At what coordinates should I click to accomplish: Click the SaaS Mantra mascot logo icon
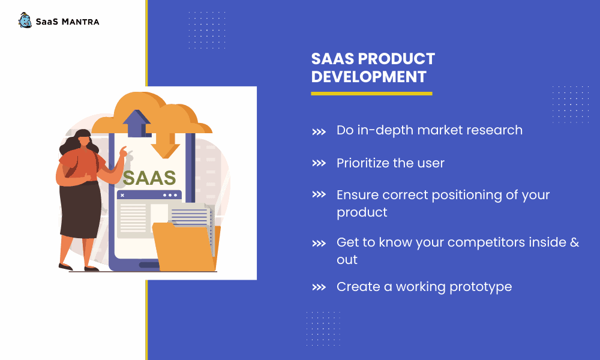(25, 20)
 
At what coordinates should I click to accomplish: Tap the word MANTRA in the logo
(80, 22)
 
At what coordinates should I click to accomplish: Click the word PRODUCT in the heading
(397, 59)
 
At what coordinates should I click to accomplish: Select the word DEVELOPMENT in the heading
(368, 77)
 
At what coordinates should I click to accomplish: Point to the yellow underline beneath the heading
(371, 94)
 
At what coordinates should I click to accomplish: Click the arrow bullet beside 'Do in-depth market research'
(319, 132)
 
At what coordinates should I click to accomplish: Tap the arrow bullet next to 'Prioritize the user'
(319, 163)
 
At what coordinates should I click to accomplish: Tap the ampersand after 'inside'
(575, 242)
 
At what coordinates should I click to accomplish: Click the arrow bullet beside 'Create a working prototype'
(319, 287)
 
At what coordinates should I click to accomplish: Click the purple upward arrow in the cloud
(137, 123)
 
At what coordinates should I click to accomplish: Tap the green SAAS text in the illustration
(149, 178)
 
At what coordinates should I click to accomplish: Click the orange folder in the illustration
(185, 247)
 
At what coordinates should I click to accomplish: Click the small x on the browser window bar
(122, 195)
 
